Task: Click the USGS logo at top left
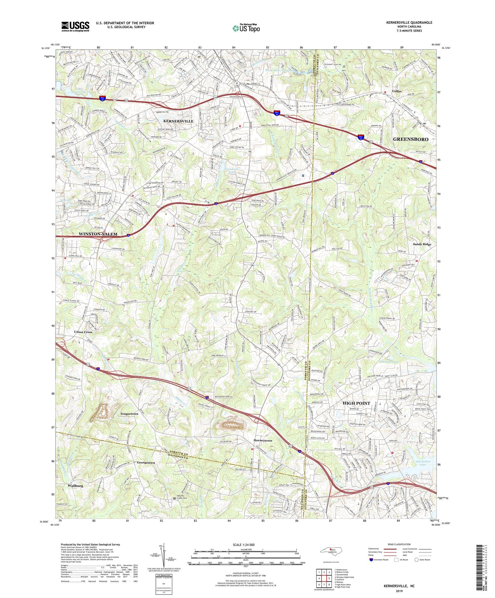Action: tap(75, 26)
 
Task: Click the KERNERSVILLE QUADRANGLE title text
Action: tap(409, 23)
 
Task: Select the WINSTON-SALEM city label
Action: tap(98, 234)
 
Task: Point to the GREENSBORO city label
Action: tap(410, 139)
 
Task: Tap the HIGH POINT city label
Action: tap(356, 403)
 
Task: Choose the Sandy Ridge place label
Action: tap(422, 244)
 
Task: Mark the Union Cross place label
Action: tap(83, 332)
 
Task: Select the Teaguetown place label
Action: tap(129, 414)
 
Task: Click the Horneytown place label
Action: tap(263, 440)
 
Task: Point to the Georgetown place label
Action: tap(146, 463)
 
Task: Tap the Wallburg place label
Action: tap(75, 486)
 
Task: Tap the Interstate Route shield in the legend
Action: tap(371, 560)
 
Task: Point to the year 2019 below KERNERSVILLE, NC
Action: tap(399, 591)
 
